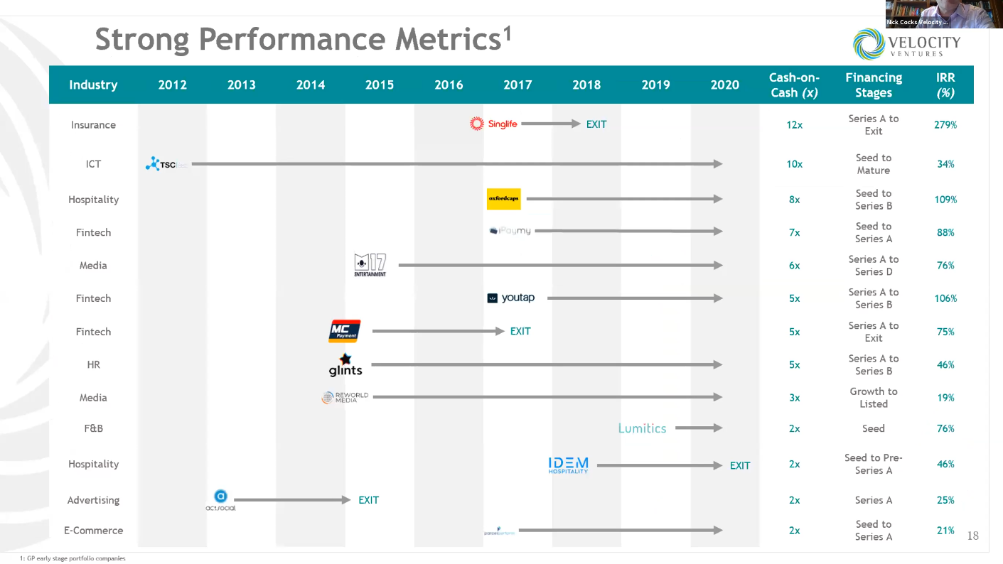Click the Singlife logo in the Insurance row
pos(493,124)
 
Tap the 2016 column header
pos(449,85)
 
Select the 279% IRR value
pos(945,125)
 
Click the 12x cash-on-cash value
pos(794,125)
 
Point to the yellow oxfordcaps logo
pos(503,200)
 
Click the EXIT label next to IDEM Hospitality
pos(740,466)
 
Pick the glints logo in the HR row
pos(345,364)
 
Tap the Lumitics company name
pos(642,428)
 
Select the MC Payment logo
pos(345,331)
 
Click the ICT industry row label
pos(93,164)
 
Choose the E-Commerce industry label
pos(93,531)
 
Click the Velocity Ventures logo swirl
pos(869,43)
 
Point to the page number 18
pos(972,536)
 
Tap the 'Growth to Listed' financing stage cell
pos(873,398)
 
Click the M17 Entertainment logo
pos(370,265)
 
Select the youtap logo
pos(510,298)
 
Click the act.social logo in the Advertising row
pos(220,500)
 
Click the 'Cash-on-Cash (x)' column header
pos(794,85)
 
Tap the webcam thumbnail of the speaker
pos(943,13)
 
